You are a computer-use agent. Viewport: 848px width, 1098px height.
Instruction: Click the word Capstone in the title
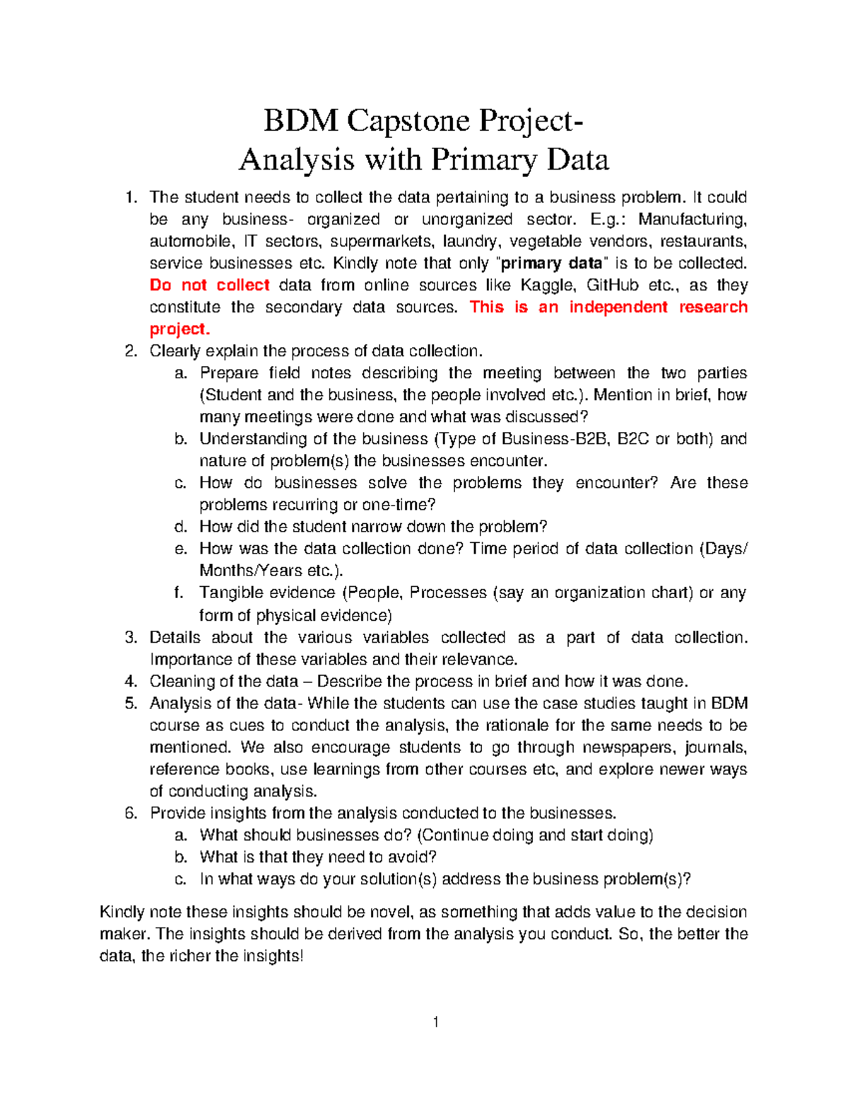coord(407,121)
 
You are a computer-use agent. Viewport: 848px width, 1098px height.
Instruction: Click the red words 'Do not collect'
coord(209,285)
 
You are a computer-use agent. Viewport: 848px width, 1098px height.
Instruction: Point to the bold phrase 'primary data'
coord(551,263)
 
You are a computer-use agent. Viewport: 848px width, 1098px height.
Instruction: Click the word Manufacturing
coord(693,219)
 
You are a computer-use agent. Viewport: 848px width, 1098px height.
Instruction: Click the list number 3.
coord(130,637)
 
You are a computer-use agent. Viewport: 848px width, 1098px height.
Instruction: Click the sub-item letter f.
coord(179,592)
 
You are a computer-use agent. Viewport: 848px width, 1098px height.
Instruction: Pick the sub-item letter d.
coord(180,527)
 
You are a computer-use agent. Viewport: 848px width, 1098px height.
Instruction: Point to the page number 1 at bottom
coord(436,1022)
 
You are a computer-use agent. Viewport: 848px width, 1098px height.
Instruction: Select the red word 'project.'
coord(179,329)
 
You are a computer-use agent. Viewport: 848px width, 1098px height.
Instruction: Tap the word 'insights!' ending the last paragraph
coord(273,956)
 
